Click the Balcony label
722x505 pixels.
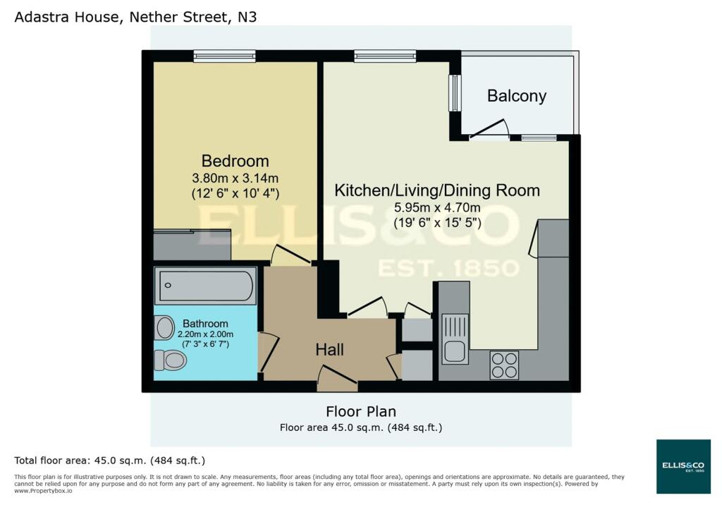click(x=516, y=96)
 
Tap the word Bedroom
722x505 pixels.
click(x=235, y=161)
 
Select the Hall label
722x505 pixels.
click(x=329, y=349)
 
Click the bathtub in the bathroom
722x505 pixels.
click(x=205, y=286)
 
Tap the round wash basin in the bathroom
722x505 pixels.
click(x=165, y=327)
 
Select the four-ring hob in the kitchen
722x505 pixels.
click(x=503, y=365)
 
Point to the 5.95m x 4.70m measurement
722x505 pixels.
click(x=436, y=208)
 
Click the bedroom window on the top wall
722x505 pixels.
click(x=224, y=56)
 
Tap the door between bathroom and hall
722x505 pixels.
click(x=268, y=351)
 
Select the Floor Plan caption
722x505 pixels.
click(x=360, y=411)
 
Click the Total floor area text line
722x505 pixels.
click(x=109, y=461)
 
